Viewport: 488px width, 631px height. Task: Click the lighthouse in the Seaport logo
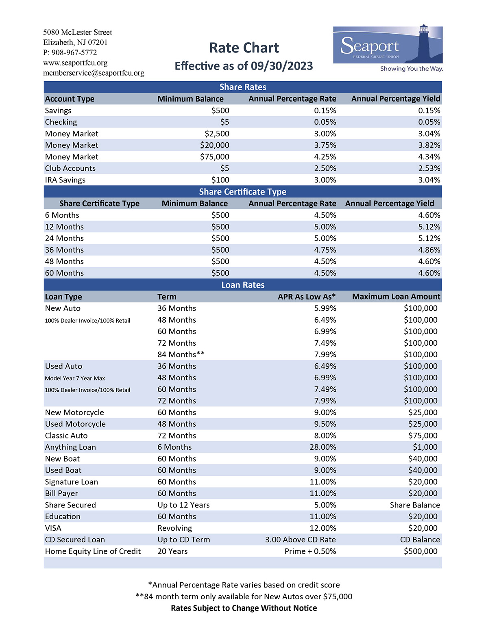click(424, 43)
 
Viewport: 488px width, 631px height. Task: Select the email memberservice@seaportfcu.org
click(94, 73)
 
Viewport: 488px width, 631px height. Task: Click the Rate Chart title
click(244, 48)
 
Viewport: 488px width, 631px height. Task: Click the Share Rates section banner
click(243, 87)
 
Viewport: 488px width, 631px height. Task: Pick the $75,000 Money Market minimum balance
click(215, 157)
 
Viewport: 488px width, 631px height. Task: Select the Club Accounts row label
click(70, 168)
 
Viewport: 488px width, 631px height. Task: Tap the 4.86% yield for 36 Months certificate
click(429, 250)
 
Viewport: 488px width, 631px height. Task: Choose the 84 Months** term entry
click(181, 354)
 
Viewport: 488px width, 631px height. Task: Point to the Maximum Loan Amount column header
click(396, 297)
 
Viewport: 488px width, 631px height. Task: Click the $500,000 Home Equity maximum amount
click(420, 551)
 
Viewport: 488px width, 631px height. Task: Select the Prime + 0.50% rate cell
click(310, 551)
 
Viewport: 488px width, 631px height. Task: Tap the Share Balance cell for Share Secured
click(415, 505)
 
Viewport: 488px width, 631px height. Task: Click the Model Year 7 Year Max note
click(75, 378)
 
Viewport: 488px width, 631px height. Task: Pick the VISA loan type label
click(53, 528)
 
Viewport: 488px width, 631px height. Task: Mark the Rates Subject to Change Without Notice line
click(244, 608)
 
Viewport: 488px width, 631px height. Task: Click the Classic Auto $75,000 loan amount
click(423, 436)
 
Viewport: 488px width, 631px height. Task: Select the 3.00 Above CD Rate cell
click(301, 540)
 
